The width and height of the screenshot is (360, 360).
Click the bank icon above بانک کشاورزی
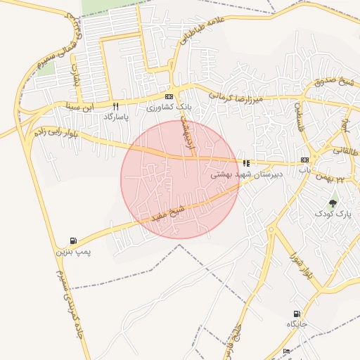click(168, 96)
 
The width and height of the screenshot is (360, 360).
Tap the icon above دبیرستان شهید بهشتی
click(246, 162)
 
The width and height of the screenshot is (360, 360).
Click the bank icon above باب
click(304, 160)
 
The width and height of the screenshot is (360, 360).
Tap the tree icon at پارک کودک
click(333, 202)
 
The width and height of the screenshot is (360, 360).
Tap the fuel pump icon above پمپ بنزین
click(74, 240)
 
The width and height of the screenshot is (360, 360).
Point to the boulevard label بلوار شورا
click(297, 262)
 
